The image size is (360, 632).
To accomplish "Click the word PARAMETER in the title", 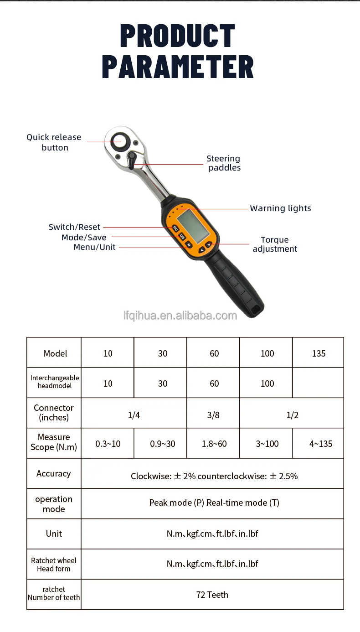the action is [x=178, y=67].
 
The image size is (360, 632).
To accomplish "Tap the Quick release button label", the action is [x=54, y=142].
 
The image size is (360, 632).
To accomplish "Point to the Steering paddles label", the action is [x=224, y=163].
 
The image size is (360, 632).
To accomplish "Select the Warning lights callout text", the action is [x=281, y=208].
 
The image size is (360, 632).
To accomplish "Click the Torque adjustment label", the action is [x=275, y=244].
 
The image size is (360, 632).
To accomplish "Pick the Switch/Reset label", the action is [x=74, y=227].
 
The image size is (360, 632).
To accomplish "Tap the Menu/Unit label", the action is [x=94, y=247].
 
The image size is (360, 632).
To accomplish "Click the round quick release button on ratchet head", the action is [x=120, y=142].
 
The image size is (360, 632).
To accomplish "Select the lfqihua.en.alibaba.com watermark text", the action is [x=180, y=316].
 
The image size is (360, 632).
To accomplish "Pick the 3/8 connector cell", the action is [x=213, y=415].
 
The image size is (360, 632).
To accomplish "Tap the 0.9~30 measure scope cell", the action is [x=162, y=444].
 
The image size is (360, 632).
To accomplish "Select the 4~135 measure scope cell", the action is [x=320, y=444].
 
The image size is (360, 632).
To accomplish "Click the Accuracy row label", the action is [x=54, y=474].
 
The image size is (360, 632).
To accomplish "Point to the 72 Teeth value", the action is [x=212, y=595].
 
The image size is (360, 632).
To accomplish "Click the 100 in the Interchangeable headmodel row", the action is [x=267, y=383].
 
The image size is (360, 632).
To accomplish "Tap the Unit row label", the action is [x=54, y=534].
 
